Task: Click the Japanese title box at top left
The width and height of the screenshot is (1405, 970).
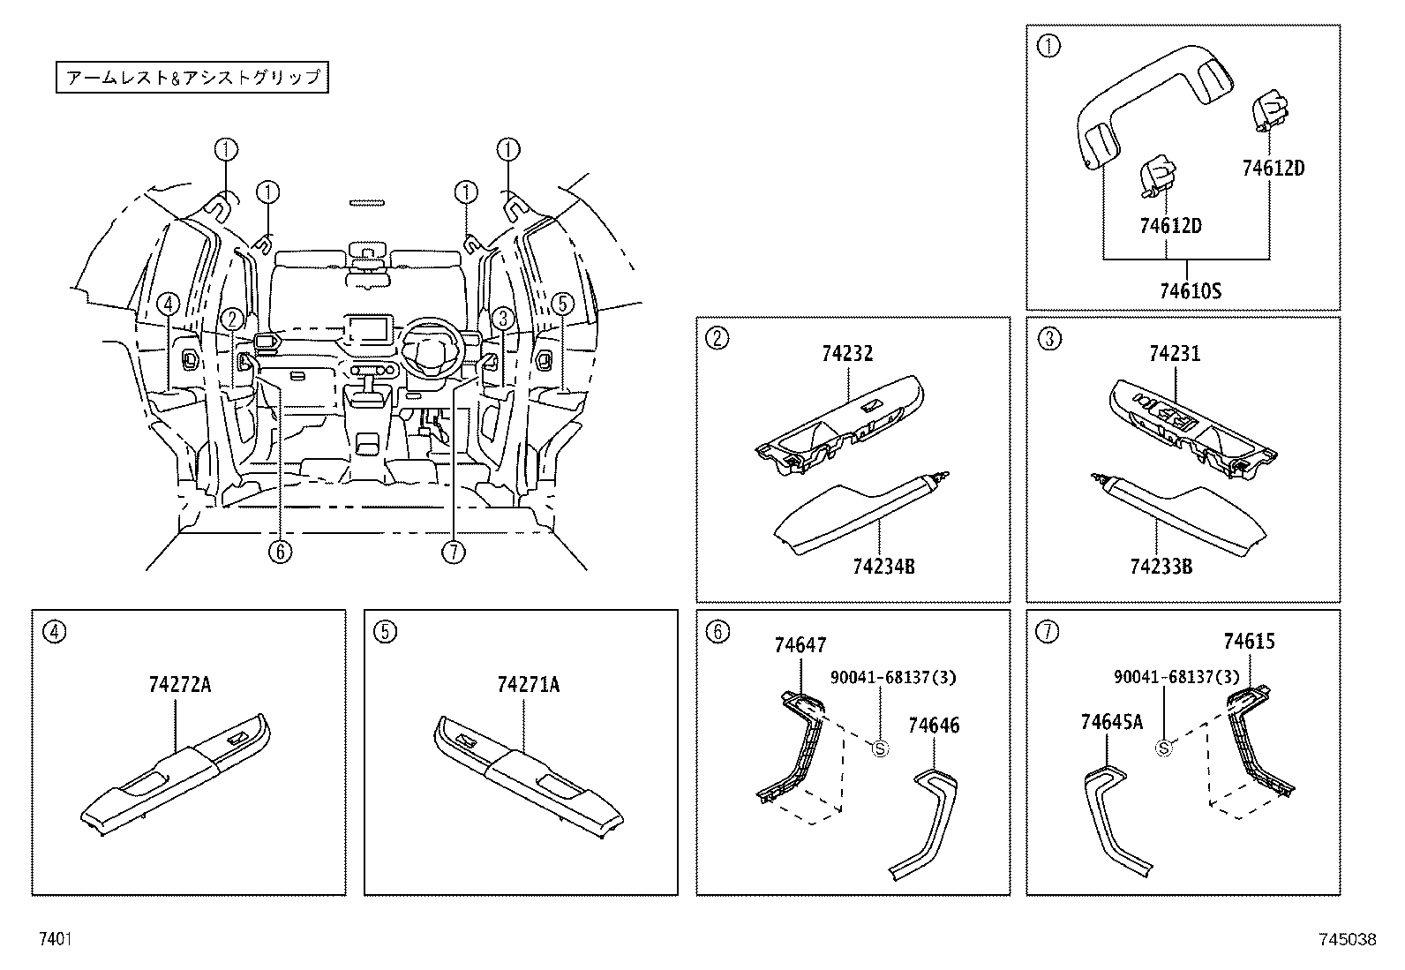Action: (x=192, y=78)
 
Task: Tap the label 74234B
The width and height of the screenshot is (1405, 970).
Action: (x=883, y=566)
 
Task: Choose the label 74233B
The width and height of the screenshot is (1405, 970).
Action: (x=1161, y=566)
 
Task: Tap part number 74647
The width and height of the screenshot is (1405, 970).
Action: (x=800, y=645)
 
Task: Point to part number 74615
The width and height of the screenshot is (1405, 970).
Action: (x=1249, y=642)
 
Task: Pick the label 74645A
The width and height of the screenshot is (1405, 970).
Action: (x=1111, y=722)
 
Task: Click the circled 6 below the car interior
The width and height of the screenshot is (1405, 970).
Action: (x=280, y=552)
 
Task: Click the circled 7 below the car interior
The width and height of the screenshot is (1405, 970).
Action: (x=453, y=552)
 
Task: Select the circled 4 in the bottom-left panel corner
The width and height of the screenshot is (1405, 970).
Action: (x=54, y=631)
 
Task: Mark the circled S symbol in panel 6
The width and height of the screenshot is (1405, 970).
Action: (x=879, y=748)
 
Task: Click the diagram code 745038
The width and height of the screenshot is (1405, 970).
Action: (x=1347, y=939)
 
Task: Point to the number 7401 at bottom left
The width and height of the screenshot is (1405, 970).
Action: (x=55, y=939)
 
